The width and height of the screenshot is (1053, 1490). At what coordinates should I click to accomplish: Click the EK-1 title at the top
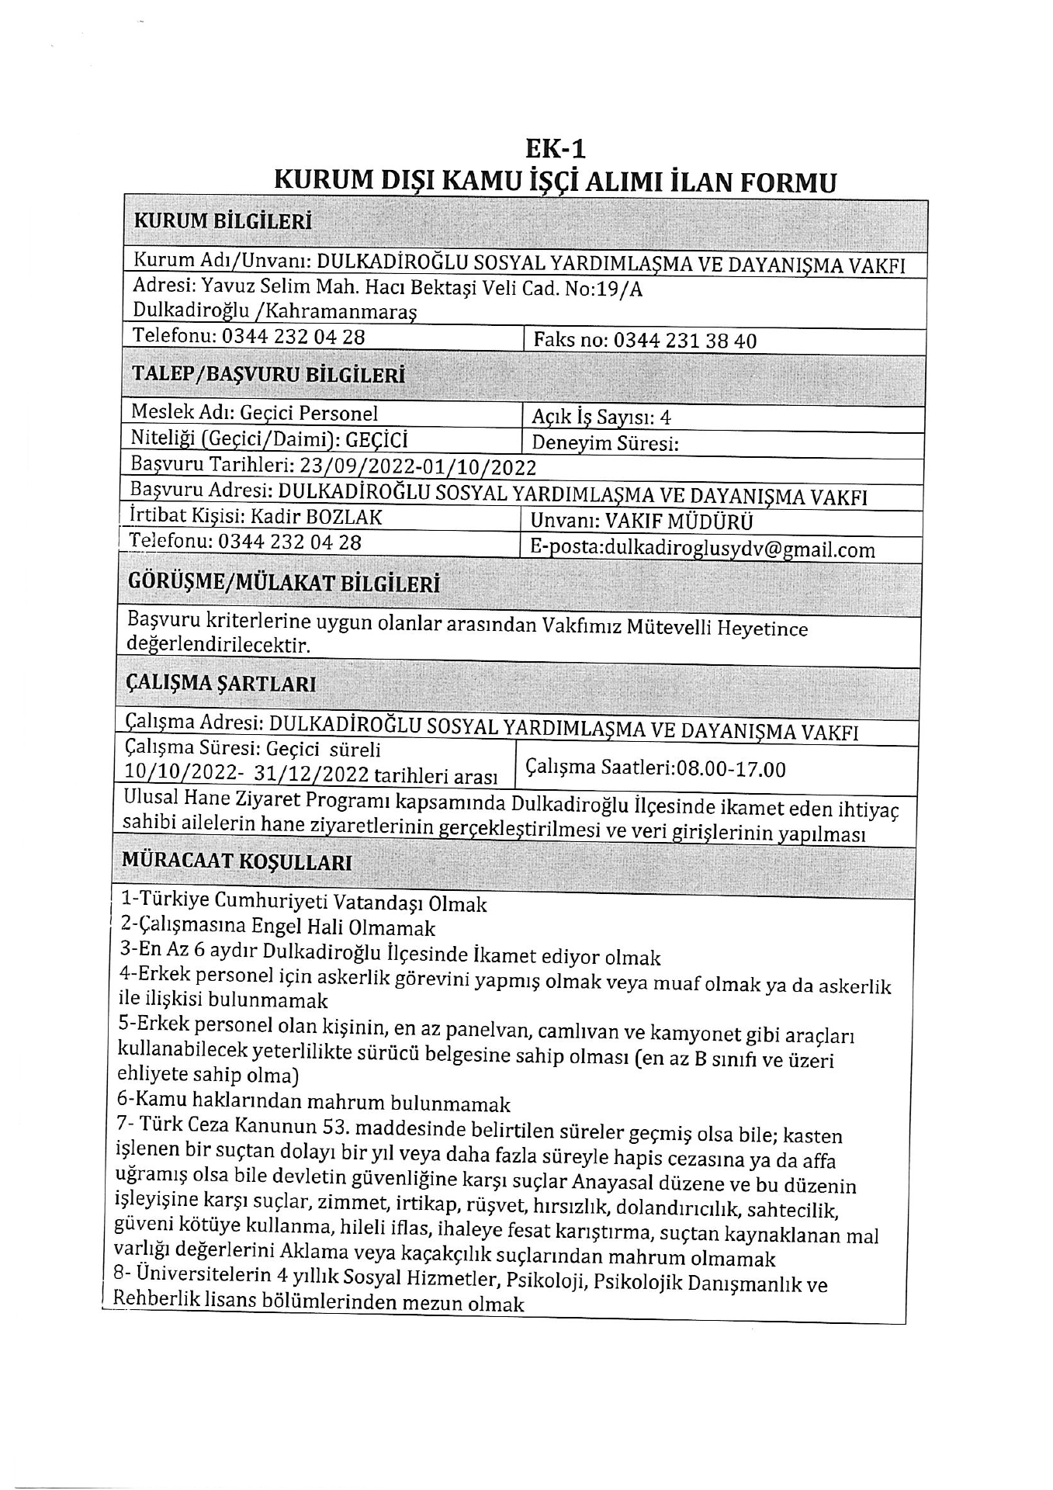[555, 147]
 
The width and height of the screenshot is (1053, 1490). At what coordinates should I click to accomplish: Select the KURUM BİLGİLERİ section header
[223, 221]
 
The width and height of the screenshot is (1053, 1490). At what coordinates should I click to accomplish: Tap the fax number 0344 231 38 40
[685, 341]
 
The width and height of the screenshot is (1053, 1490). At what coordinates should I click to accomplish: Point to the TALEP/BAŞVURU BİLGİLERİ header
[268, 375]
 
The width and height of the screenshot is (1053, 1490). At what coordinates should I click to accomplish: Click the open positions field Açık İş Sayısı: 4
[601, 417]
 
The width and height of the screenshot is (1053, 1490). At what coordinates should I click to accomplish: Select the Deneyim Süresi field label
[605, 443]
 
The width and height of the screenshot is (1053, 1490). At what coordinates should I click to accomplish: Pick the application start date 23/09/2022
[350, 466]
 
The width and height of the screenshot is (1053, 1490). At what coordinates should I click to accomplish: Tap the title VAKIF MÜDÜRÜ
[678, 521]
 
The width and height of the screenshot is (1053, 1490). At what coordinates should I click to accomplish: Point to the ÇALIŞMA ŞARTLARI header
[220, 684]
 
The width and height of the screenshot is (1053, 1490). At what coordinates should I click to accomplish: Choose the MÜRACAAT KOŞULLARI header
[237, 862]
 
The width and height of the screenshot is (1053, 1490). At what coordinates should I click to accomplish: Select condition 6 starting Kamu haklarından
[313, 1103]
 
